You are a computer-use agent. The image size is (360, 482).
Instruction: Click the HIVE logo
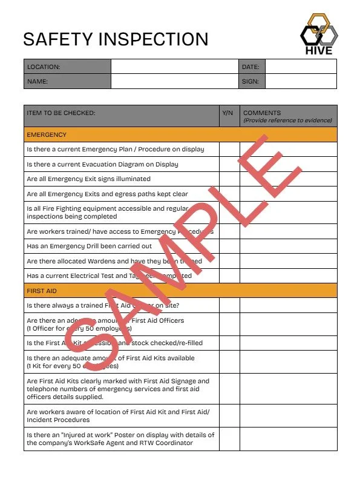[319, 34]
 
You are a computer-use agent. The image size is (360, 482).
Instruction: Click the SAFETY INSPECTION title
[116, 39]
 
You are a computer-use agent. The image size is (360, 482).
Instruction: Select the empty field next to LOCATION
[174, 67]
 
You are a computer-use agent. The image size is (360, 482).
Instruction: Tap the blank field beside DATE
[300, 67]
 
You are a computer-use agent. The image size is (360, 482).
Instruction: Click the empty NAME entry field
[174, 81]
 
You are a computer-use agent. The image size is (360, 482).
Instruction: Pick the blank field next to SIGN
[300, 81]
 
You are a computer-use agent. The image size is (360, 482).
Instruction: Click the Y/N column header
[227, 113]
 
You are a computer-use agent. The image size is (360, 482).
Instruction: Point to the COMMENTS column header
[261, 113]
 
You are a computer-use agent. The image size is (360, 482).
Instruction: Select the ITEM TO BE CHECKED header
[61, 113]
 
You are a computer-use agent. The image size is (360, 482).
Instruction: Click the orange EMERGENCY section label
[47, 134]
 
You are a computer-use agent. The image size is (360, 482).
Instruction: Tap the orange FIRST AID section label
[42, 291]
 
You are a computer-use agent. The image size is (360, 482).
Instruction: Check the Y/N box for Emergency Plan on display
[229, 150]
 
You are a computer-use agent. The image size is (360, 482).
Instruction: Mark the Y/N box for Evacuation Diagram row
[229, 164]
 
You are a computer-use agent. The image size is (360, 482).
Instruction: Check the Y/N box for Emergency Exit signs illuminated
[229, 179]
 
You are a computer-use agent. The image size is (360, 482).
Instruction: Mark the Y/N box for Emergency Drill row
[229, 246]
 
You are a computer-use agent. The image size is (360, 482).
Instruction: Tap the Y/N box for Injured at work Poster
[229, 439]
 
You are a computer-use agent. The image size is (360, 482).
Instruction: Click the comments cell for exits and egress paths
[288, 194]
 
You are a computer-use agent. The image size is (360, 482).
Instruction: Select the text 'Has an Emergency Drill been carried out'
[89, 246]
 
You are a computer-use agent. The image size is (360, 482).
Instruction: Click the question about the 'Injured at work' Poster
[120, 439]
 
